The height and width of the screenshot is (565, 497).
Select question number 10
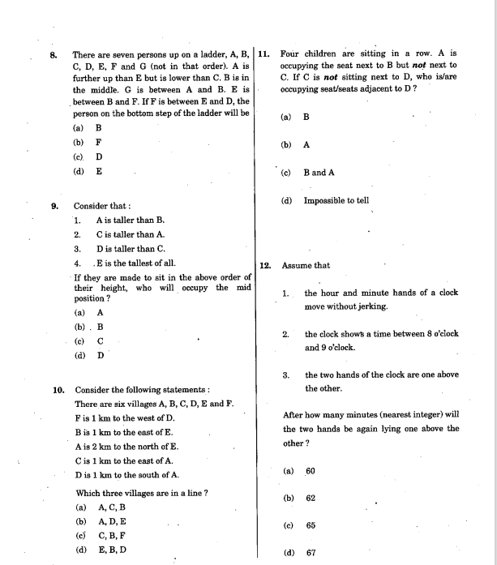[58, 390]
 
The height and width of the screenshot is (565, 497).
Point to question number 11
[264, 54]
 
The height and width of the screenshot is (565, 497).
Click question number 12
[264, 265]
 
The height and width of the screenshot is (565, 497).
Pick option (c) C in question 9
[89, 340]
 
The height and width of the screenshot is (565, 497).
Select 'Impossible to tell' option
[336, 200]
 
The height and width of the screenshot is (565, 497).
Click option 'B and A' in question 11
[319, 173]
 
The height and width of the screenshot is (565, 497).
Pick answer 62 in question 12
[311, 499]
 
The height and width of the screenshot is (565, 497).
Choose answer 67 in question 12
[311, 554]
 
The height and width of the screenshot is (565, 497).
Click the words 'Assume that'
[306, 265]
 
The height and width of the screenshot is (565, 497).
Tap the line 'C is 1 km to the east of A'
[123, 460]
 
